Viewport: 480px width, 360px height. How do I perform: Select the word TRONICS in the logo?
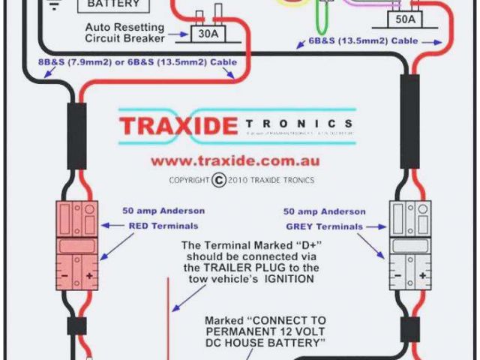297,124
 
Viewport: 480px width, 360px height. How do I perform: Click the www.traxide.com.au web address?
235,160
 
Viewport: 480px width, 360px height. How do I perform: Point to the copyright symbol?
219,180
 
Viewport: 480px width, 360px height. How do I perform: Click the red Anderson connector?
78,244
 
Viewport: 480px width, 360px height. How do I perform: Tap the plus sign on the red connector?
89,275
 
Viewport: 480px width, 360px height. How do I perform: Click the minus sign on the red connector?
66,275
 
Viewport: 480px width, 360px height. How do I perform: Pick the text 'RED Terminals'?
163,225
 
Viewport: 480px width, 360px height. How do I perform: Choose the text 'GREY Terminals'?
325,226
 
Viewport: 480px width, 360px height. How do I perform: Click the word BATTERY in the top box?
113,4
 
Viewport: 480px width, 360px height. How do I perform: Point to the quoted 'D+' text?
292,245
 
